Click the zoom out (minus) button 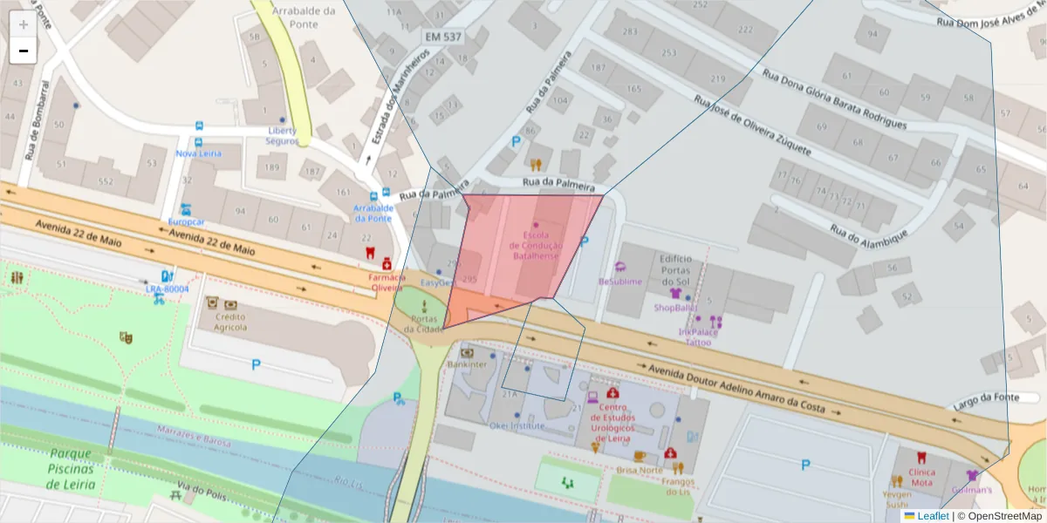24,51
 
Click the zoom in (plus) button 24,24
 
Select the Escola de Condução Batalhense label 535,246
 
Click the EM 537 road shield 442,37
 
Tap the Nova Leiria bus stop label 199,153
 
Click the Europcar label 185,221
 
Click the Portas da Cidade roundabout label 424,323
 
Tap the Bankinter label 466,364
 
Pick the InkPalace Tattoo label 698,337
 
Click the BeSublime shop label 619,282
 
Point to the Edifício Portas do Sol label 675,270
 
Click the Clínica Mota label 921,476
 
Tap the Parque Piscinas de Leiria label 71,468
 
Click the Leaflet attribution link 932,516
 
